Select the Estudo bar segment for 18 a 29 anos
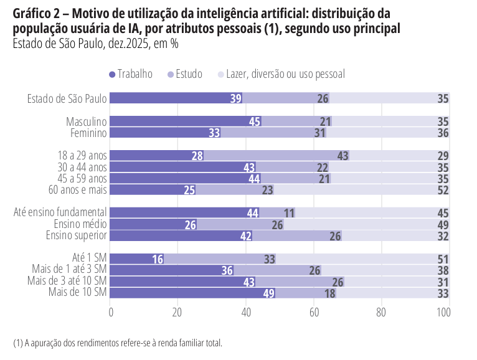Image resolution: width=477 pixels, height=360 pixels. coord(276,156)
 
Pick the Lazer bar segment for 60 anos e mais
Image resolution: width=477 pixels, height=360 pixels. coord(361,190)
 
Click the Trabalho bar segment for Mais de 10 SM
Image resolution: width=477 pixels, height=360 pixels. coord(193,293)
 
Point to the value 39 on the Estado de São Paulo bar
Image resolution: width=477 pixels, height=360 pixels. coord(236,98)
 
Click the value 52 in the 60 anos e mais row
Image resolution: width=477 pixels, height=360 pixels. coord(443,190)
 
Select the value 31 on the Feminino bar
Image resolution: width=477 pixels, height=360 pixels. coord(320,133)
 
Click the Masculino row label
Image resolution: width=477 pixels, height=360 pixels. coord(87,121)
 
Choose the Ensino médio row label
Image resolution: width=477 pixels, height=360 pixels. coord(80,224)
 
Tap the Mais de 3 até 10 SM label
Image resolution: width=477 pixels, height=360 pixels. coord(69,282)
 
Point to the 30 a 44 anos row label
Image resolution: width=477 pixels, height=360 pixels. coord(81,167)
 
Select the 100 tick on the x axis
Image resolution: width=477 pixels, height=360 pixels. coord(443,313)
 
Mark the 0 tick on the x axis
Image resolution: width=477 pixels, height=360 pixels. coord(111,313)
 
